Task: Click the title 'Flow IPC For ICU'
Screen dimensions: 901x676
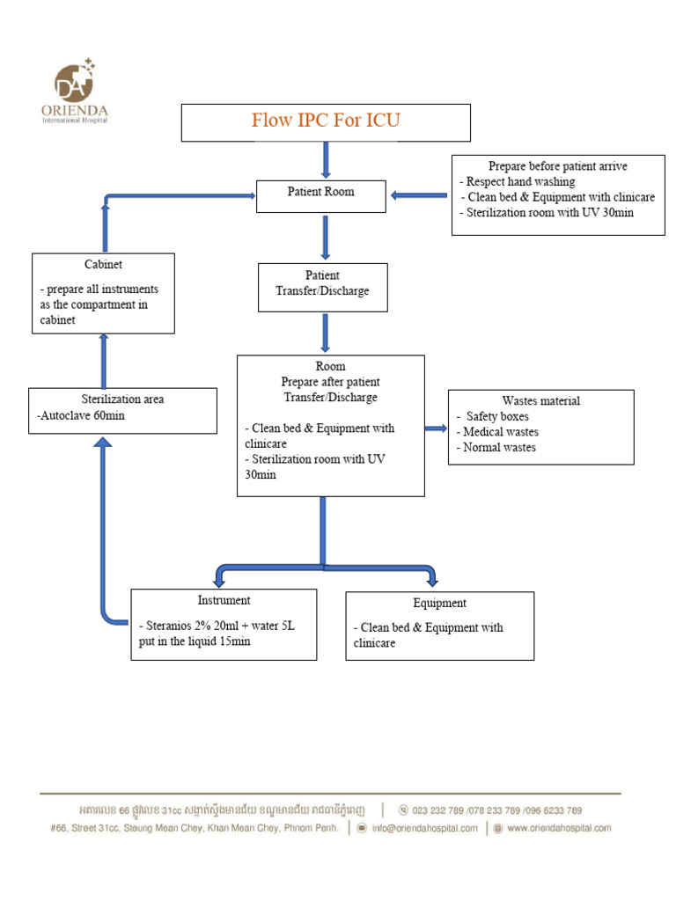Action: point(326,121)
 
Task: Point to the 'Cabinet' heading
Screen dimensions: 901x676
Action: point(103,264)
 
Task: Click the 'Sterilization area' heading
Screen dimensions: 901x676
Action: point(122,399)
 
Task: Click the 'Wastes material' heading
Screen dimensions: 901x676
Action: point(540,400)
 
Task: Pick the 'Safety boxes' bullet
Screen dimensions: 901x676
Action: point(497,416)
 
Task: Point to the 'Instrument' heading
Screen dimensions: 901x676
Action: point(223,600)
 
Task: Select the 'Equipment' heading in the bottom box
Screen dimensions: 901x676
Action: point(439,604)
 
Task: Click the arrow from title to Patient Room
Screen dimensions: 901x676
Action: point(326,159)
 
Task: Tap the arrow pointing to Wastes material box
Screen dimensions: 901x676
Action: point(436,429)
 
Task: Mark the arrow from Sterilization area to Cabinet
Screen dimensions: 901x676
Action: point(104,360)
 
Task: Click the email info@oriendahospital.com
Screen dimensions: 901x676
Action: point(424,828)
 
